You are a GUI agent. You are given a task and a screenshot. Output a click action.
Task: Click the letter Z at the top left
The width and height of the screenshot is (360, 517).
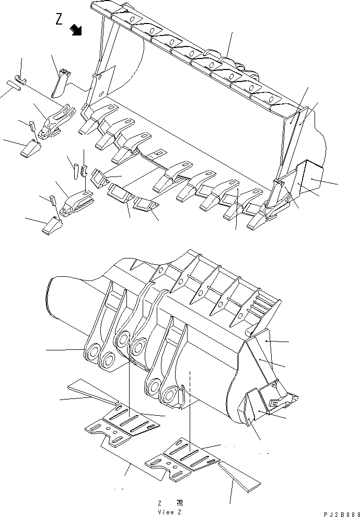(x=59, y=19)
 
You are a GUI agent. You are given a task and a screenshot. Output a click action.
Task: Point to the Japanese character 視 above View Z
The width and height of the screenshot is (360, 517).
(x=179, y=503)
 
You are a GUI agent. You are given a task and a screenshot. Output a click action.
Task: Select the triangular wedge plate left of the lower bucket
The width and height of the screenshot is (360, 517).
(x=92, y=392)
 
